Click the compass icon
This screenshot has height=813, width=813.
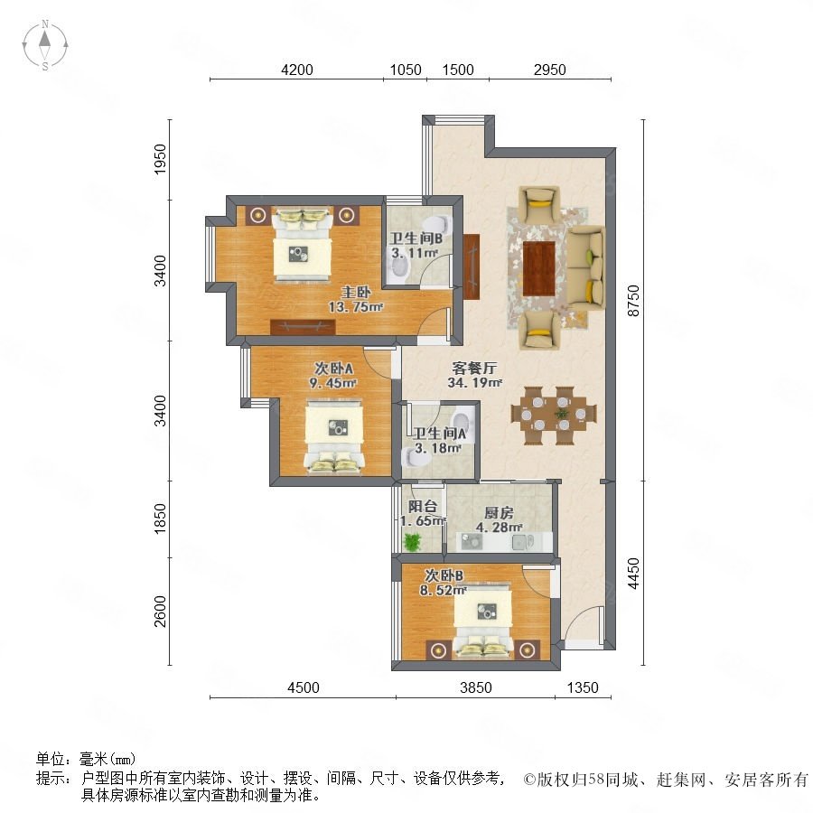point(45,45)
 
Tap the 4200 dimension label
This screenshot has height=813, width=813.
point(296,70)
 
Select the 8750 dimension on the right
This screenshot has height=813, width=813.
point(633,301)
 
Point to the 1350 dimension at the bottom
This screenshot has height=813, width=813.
point(583,687)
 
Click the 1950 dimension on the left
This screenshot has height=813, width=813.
point(161,159)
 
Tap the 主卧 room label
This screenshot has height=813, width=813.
point(356,292)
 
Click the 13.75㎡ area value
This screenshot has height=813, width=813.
point(356,307)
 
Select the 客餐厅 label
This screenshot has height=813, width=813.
point(474,369)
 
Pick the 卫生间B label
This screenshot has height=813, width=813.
point(416,238)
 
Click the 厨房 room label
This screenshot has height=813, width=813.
point(499,513)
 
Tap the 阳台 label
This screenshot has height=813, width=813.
point(423,506)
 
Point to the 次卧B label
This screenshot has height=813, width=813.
point(444,575)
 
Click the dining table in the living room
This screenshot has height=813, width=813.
point(554,416)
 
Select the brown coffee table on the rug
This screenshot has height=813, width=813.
point(539,268)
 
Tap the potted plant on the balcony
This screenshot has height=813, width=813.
point(412,542)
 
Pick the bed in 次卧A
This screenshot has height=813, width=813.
point(334,436)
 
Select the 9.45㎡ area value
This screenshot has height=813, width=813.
point(332,383)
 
